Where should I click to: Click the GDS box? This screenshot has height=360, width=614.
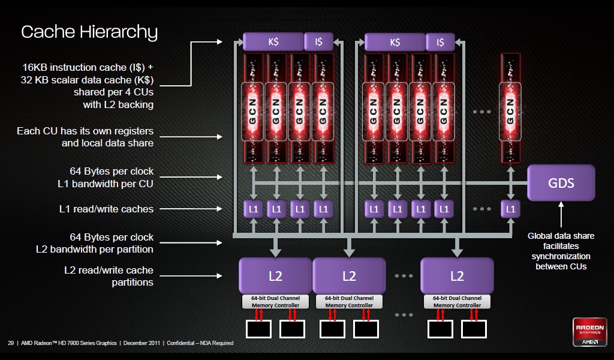561,182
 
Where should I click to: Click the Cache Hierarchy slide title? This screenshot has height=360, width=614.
89,32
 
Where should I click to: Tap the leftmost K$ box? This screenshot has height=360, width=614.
273,41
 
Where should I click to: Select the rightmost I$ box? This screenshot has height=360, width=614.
440,42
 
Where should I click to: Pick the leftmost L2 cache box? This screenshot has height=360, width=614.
275,276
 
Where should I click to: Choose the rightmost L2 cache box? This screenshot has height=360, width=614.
457,276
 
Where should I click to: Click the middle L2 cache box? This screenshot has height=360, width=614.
349,276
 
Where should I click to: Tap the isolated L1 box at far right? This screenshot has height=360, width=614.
511,209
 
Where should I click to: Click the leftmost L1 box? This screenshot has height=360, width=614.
254,209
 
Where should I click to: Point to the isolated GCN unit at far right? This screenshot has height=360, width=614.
510,108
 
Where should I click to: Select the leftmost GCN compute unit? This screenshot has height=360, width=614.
252,108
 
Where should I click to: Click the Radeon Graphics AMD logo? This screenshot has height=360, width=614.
590,332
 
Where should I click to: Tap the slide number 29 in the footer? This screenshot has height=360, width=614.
11,343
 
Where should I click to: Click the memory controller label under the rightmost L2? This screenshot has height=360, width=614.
457,302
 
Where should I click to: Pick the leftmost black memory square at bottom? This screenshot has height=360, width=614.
258,329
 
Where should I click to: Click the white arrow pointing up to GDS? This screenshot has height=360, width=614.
561,215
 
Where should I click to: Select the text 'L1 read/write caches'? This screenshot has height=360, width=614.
106,209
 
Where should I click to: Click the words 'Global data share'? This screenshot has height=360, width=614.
561,236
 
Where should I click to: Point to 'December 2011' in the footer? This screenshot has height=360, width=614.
142,343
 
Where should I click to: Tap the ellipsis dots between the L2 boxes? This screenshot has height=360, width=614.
404,276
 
